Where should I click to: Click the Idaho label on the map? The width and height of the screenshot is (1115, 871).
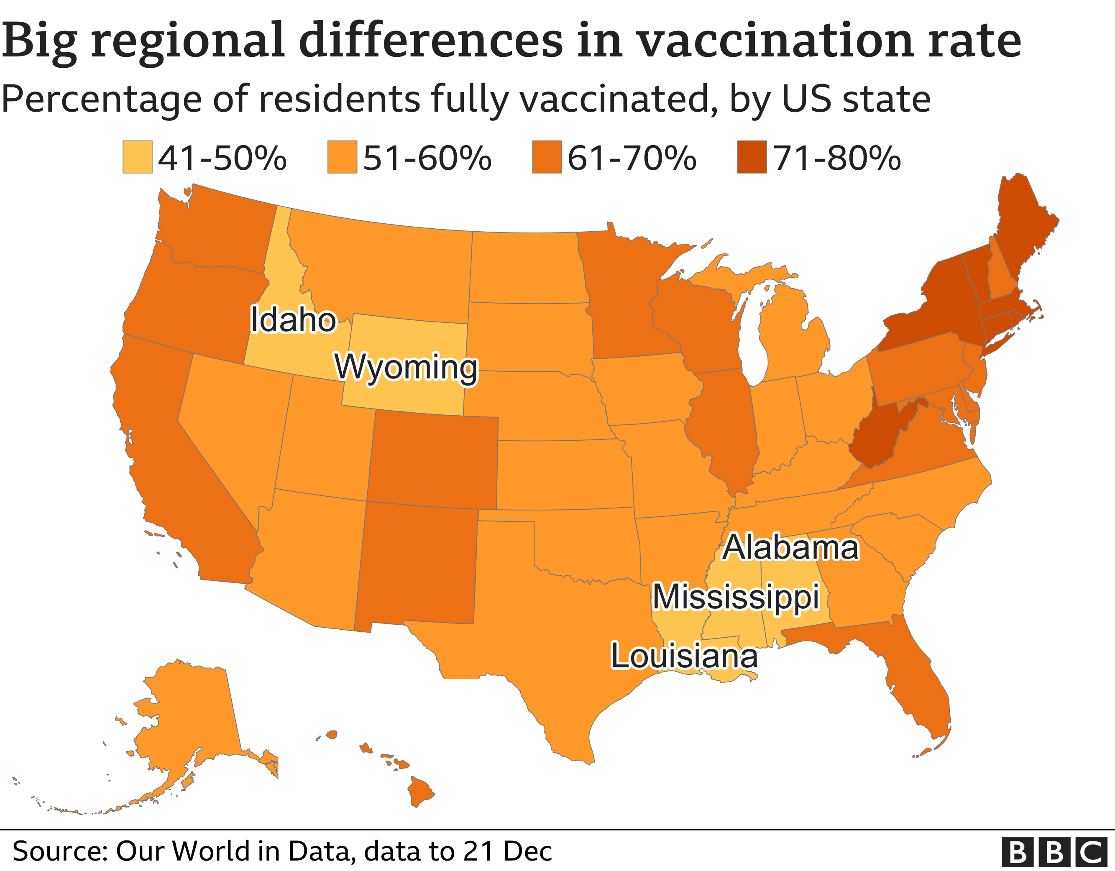coord(293,321)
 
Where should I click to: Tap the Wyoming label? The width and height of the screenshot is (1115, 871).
coord(406,368)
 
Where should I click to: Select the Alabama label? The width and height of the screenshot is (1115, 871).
coord(790,548)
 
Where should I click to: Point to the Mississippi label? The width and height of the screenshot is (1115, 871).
coord(736,597)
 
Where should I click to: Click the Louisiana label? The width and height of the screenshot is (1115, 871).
coord(684,656)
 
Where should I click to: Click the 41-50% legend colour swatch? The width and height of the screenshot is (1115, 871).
coord(137,157)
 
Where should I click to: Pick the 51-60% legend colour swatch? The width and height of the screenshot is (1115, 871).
coord(342,157)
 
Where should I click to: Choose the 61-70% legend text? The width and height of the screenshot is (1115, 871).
coord(632,158)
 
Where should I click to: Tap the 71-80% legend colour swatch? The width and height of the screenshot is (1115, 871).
coord(752,157)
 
